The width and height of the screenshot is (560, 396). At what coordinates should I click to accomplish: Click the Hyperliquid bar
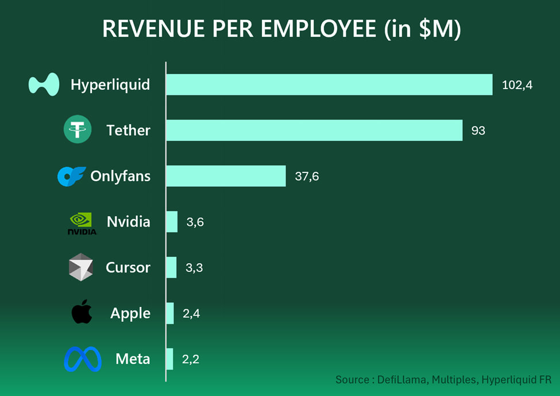pyautogui.click(x=329, y=84)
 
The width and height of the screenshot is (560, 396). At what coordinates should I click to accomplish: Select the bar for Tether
pyautogui.click(x=314, y=130)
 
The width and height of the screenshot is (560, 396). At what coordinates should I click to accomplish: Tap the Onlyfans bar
pyautogui.click(x=226, y=176)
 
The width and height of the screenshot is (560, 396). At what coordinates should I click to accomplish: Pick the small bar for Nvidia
pyautogui.click(x=172, y=221)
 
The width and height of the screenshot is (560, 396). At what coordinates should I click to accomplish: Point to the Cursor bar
pyautogui.click(x=171, y=267)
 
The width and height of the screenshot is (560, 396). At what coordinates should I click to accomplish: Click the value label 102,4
pyautogui.click(x=517, y=85)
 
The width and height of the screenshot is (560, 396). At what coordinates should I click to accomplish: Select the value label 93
pyautogui.click(x=478, y=130)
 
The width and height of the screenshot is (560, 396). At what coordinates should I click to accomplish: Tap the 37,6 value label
pyautogui.click(x=307, y=176)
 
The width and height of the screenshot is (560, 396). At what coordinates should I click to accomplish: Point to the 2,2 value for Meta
pyautogui.click(x=191, y=360)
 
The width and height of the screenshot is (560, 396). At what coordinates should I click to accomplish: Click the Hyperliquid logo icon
pyautogui.click(x=44, y=84)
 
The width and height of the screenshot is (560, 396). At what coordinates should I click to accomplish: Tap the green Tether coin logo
pyautogui.click(x=78, y=130)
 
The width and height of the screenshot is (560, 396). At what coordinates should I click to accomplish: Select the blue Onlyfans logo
pyautogui.click(x=71, y=176)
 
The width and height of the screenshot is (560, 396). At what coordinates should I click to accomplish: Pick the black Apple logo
pyautogui.click(x=82, y=312)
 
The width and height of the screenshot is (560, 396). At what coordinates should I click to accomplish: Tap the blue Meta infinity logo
pyautogui.click(x=83, y=359)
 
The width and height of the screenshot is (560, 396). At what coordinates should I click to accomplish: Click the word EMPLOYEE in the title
pyautogui.click(x=319, y=29)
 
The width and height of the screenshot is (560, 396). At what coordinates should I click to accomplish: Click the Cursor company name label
pyautogui.click(x=128, y=268)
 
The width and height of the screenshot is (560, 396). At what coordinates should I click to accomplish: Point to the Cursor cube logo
pyautogui.click(x=80, y=267)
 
